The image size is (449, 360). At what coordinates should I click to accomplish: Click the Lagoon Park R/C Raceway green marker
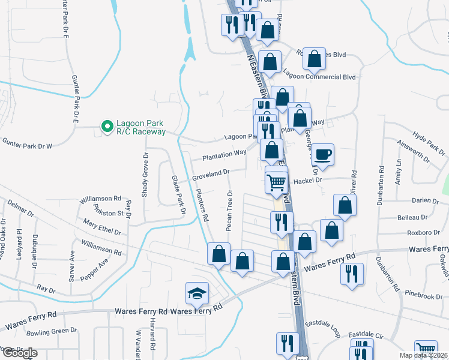107,127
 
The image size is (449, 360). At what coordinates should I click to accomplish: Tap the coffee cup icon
323,155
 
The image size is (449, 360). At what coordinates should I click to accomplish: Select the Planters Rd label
202,205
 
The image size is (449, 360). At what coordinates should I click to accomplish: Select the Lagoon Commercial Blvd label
319,77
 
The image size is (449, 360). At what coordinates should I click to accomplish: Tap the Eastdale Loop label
322,325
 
